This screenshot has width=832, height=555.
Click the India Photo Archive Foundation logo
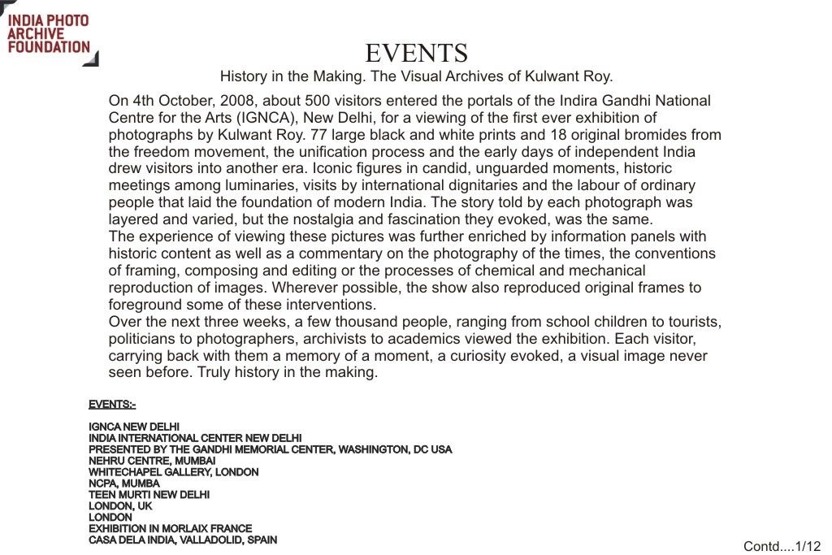49,33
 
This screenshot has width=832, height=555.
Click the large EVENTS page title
416,54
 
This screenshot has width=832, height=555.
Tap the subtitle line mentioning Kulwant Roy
416,77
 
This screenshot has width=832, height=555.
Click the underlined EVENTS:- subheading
112,405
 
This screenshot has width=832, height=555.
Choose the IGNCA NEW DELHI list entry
134,427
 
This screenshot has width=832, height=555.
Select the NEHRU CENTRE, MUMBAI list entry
152,461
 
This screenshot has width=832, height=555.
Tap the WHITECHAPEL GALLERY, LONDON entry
174,472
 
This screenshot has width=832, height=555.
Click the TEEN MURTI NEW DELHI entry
149,494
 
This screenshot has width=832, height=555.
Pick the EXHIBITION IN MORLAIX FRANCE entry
171,528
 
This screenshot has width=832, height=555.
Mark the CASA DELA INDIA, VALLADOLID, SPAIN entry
183,540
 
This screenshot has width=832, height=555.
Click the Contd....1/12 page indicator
782,546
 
